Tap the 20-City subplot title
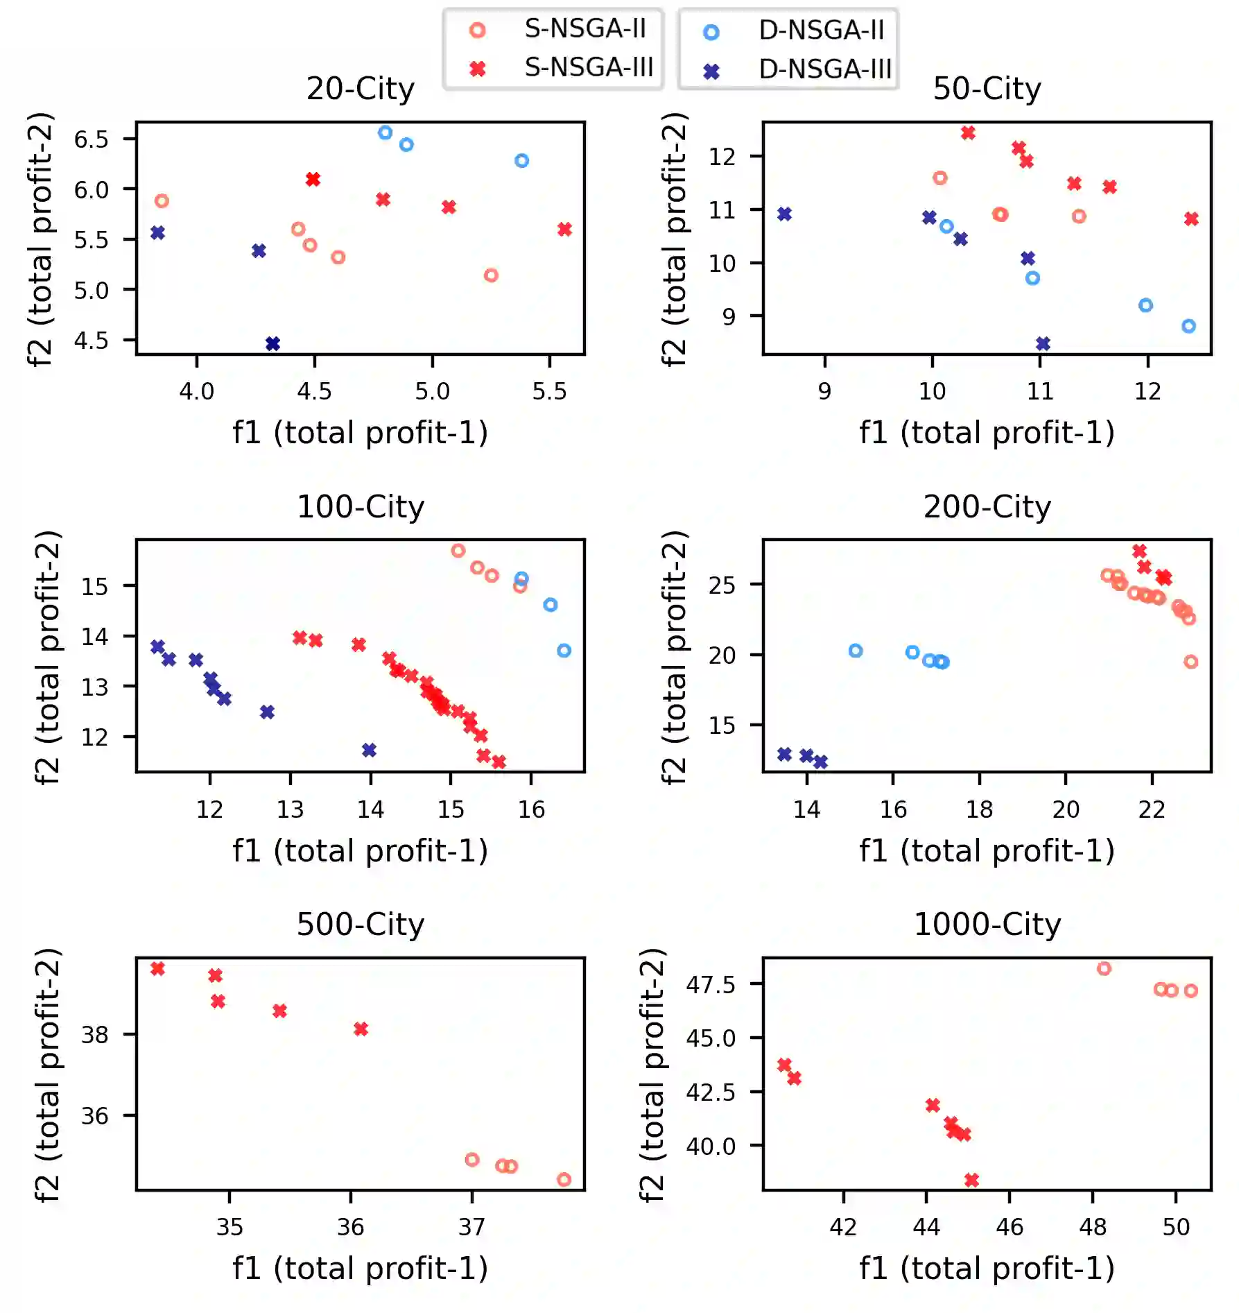[x=361, y=88]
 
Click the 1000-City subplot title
[x=987, y=924]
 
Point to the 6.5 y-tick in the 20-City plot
[x=92, y=139]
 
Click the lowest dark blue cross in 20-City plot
[x=272, y=343]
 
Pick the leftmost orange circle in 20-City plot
[x=162, y=201]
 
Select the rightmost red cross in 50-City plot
[x=1191, y=219]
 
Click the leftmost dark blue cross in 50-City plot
[x=784, y=214]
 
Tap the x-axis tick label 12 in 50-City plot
[x=1147, y=391]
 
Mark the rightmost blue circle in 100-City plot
[x=564, y=651]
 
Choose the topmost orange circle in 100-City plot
[x=458, y=551]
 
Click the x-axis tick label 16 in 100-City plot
[x=531, y=809]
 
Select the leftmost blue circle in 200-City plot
[x=856, y=651]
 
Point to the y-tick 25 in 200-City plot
[x=722, y=585]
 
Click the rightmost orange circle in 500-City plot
[x=564, y=1179]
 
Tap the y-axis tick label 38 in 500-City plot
[x=95, y=1035]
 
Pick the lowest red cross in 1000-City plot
[x=971, y=1180]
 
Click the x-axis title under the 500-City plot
[x=361, y=1268]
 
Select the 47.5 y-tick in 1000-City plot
[x=711, y=984]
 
